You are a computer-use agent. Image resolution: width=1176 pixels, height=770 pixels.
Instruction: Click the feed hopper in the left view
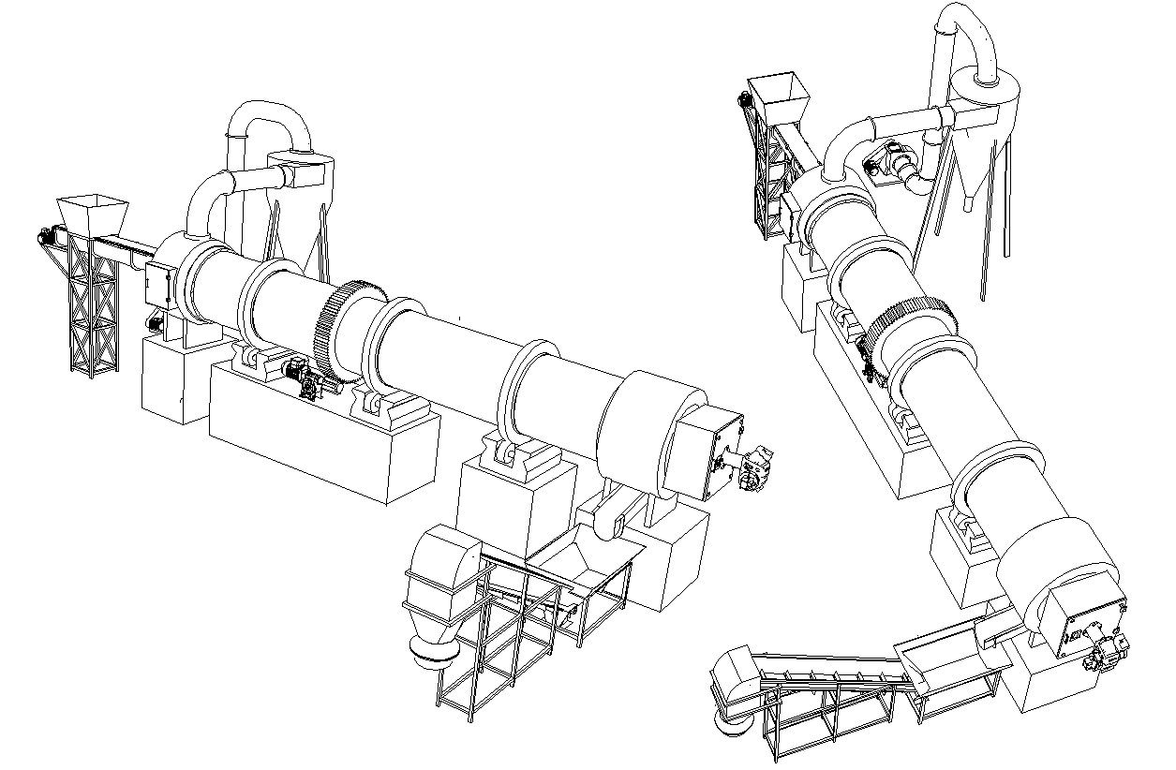91,215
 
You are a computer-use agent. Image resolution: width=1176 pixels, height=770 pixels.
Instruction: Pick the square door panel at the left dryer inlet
158,283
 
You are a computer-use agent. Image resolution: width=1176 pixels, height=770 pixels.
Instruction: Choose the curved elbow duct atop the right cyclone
975,37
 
